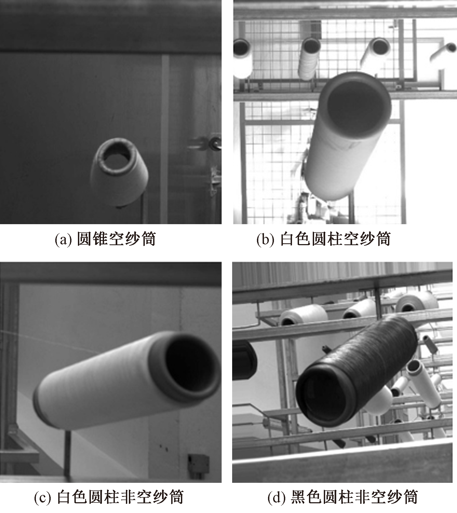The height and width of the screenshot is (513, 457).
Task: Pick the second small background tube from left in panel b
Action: [309, 58]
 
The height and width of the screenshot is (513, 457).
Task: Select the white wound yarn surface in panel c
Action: [97, 385]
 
